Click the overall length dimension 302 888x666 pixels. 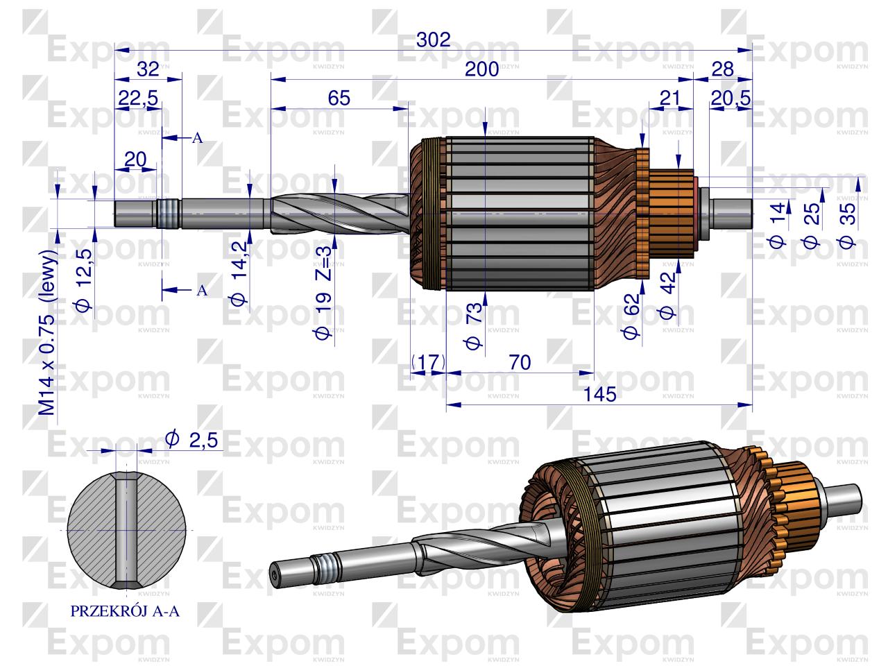434,40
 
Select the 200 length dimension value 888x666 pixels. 481,69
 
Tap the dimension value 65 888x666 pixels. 339,98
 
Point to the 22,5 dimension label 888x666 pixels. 138,99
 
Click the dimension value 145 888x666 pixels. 600,394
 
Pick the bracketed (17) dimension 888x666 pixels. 429,362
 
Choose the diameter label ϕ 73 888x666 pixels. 474,325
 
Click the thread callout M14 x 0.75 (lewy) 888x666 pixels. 48,333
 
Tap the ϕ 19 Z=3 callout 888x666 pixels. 323,293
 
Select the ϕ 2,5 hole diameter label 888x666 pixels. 191,440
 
